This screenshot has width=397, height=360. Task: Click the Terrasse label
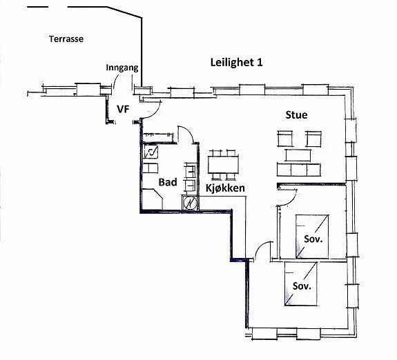point(66,39)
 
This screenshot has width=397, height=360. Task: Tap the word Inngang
point(123,68)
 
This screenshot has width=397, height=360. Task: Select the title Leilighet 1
point(237,62)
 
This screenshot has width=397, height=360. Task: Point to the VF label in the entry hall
point(123,109)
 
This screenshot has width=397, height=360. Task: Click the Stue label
point(296,114)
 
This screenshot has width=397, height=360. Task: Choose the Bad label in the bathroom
point(168,182)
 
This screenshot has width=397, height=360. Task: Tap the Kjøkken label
point(225,187)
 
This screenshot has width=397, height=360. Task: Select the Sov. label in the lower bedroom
point(302,285)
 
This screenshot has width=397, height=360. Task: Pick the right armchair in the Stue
point(314,139)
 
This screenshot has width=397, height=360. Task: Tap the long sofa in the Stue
point(299,169)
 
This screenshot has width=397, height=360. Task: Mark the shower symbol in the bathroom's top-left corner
point(151,152)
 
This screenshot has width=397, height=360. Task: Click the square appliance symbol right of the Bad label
point(190,203)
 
